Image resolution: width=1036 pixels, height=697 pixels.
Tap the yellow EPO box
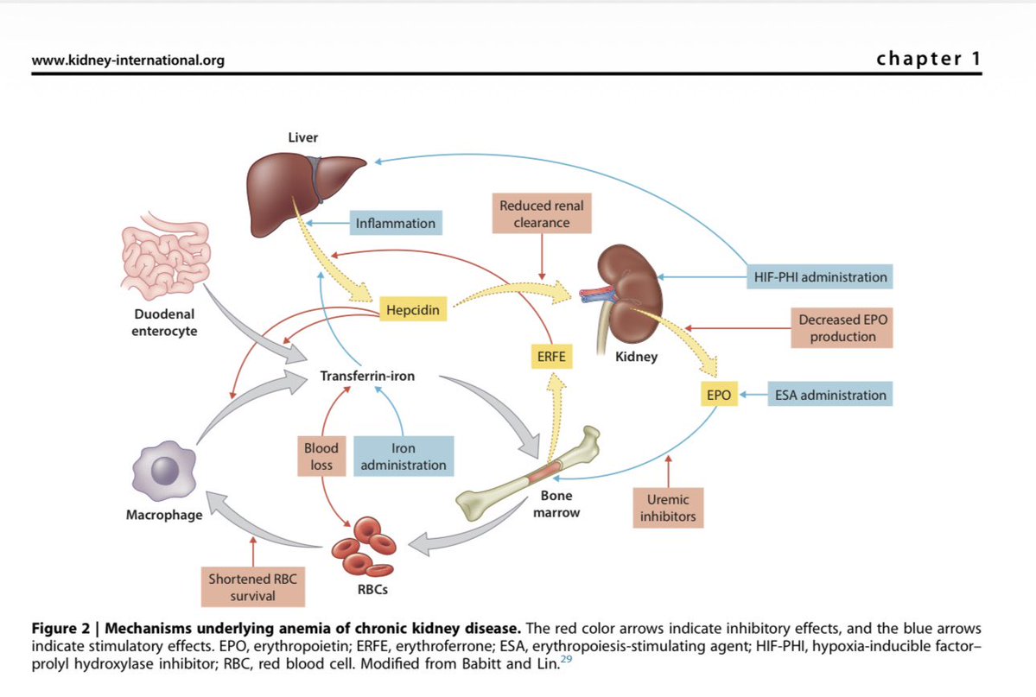(x=717, y=396)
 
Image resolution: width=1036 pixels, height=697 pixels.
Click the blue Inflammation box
(x=396, y=223)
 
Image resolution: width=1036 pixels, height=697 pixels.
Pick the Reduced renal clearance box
(x=542, y=214)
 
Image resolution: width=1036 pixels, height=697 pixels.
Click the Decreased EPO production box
(x=842, y=328)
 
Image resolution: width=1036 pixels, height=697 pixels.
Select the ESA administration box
(x=829, y=396)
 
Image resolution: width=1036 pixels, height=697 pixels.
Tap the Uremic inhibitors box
(x=668, y=509)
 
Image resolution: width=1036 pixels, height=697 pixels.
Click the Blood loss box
(x=321, y=457)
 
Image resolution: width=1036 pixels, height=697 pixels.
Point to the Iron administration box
(x=403, y=457)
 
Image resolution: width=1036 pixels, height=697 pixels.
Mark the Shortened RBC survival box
(x=252, y=587)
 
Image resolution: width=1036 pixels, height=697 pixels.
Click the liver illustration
(x=287, y=181)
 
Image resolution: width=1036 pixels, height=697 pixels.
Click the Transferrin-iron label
(x=367, y=377)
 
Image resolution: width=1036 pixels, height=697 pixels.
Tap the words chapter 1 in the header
(x=928, y=59)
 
